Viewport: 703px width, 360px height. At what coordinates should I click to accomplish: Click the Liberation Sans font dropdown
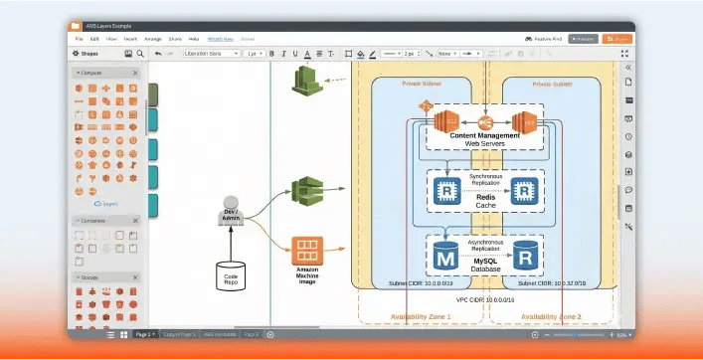pyautogui.click(x=211, y=53)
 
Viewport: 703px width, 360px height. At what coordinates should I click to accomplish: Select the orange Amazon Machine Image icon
pyautogui.click(x=306, y=248)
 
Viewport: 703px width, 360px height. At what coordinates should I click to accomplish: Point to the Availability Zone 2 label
pyautogui.click(x=543, y=316)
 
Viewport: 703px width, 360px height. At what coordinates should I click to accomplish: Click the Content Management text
pyautogui.click(x=484, y=135)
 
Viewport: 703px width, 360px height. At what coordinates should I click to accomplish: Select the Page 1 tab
pyautogui.click(x=144, y=335)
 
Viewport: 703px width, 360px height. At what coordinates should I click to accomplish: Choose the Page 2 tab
pyautogui.click(x=252, y=335)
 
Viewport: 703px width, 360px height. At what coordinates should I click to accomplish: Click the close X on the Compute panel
pyautogui.click(x=135, y=73)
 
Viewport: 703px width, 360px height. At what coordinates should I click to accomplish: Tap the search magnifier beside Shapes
pyautogui.click(x=141, y=53)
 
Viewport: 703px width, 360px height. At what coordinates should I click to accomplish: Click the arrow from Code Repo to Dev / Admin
pyautogui.click(x=231, y=245)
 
